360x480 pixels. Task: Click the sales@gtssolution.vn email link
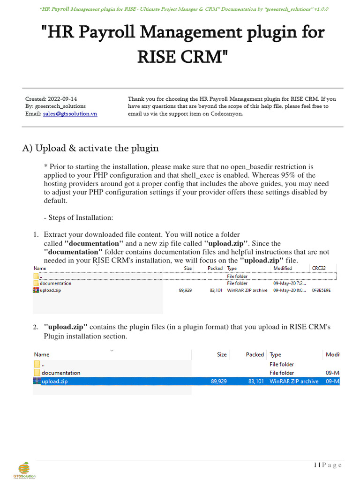(70, 114)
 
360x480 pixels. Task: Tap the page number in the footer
(328, 465)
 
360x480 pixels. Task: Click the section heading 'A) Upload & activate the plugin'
(90, 148)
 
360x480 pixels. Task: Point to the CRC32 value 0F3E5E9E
(321, 290)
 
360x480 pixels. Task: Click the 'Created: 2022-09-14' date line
(51, 99)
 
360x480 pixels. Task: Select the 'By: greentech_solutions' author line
(55, 106)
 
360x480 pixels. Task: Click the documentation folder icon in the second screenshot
(37, 373)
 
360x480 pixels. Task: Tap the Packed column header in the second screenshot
(255, 355)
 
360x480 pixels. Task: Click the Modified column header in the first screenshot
(283, 268)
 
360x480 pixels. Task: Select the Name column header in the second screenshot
(42, 355)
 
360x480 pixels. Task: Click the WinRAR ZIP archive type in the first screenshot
(247, 290)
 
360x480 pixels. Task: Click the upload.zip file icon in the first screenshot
(36, 290)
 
